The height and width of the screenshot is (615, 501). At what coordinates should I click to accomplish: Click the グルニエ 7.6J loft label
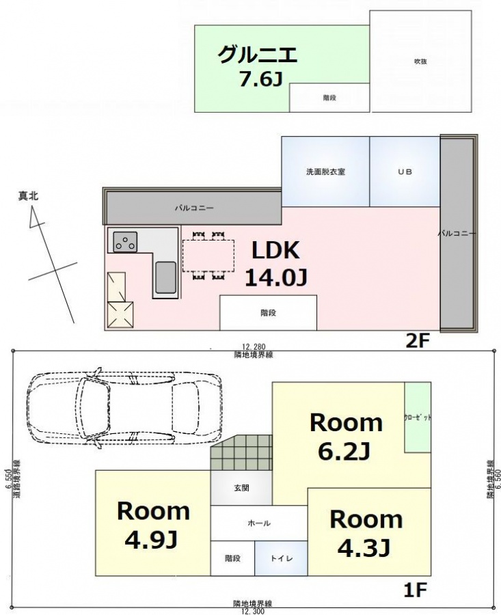tap(258, 66)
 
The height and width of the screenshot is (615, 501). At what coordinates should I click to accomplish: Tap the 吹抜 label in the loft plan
tap(420, 61)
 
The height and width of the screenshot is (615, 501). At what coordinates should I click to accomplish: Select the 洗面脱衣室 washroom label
tap(325, 172)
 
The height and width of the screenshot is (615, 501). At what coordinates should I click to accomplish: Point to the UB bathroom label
tap(405, 172)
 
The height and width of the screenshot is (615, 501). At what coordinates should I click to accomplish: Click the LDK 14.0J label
tap(276, 264)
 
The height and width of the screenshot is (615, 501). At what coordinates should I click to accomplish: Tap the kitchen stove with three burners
tap(126, 241)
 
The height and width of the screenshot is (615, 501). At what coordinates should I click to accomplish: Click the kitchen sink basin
tap(165, 277)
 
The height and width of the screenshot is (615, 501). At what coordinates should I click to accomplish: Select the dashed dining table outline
tap(208, 256)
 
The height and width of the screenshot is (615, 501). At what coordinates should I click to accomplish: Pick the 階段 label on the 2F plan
tap(269, 313)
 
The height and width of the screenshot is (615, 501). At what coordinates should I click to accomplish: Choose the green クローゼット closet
tap(418, 417)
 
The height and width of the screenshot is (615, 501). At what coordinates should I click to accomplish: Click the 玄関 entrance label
tap(241, 488)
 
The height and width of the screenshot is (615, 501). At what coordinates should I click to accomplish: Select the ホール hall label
tap(259, 523)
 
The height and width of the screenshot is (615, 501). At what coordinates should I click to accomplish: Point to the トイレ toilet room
tap(281, 558)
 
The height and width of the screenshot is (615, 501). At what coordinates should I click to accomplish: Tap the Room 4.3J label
tap(366, 533)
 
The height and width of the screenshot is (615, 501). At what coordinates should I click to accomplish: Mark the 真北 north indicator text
tap(28, 196)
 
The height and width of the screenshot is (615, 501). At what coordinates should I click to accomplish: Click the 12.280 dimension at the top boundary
tap(254, 346)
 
